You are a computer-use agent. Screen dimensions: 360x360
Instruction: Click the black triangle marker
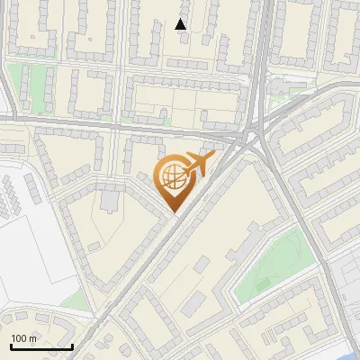pyautogui.click(x=181, y=24)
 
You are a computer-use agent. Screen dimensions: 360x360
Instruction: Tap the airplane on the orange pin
pyautogui.click(x=199, y=164)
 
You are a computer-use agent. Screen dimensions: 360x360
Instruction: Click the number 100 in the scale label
pyautogui.click(x=20, y=338)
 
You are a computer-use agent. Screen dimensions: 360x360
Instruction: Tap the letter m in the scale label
pyautogui.click(x=33, y=338)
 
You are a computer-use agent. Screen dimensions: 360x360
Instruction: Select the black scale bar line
pyautogui.click(x=41, y=346)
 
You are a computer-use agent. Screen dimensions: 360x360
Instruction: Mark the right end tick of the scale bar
pyautogui.click(x=72, y=345)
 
